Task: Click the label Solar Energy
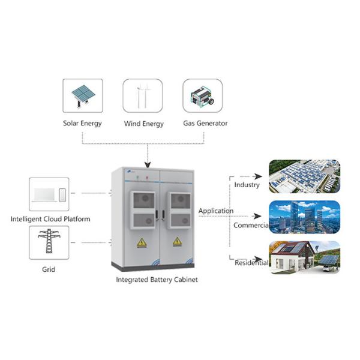point(83,124)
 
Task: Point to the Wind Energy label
point(143,124)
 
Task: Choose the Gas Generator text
point(205,124)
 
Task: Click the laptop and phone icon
point(49,194)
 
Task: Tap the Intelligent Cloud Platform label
point(50,219)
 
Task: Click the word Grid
point(49,269)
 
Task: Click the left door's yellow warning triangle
point(142,242)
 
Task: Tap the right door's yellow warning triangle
point(177,242)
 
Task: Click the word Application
point(215,211)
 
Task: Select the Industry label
point(247,185)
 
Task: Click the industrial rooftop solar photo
point(304,176)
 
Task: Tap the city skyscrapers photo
point(304,217)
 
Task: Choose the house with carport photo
point(304,257)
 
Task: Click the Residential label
point(251,263)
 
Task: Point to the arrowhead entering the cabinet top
point(148,165)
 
